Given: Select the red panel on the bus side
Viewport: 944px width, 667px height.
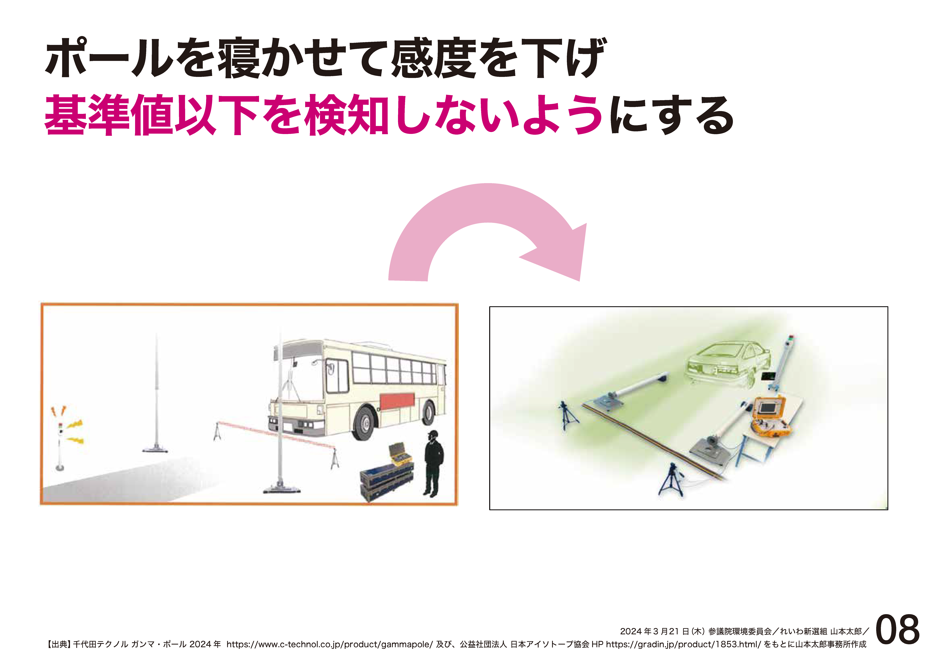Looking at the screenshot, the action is coord(397,401).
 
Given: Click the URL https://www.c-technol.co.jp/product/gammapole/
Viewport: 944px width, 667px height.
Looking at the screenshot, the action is coord(329,644).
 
